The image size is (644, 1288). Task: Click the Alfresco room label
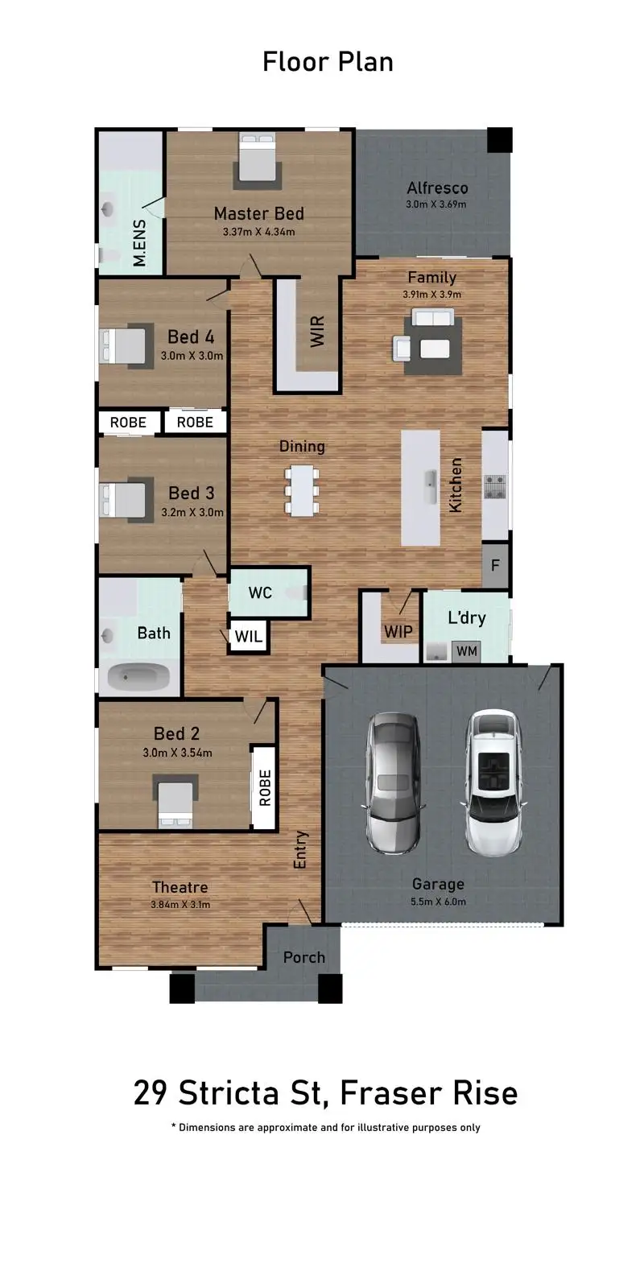[x=437, y=188]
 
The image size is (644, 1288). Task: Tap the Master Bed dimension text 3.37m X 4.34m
[x=258, y=233]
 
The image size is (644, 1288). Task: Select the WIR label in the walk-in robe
[x=318, y=332]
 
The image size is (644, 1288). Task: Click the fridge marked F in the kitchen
[x=495, y=565]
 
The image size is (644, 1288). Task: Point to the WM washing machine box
[x=466, y=650]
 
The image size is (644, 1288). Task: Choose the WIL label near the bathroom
[x=248, y=637]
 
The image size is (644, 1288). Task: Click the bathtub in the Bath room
[x=139, y=677]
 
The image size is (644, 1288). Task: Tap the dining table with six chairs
[x=302, y=489]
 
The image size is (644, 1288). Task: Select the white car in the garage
[x=490, y=782]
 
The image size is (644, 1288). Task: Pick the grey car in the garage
[x=394, y=782]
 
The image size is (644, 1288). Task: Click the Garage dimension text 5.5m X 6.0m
[x=438, y=902]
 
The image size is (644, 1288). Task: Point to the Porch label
[x=303, y=957]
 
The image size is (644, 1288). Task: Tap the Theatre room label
[x=180, y=887]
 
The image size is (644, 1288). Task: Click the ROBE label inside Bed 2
[x=265, y=788]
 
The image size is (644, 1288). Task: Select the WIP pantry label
[x=398, y=632]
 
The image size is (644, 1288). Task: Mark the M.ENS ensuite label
[x=140, y=243]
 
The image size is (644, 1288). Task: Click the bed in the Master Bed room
[x=258, y=161]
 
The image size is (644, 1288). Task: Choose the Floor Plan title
[x=328, y=62]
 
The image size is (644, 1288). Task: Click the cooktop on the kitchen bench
[x=494, y=485]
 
